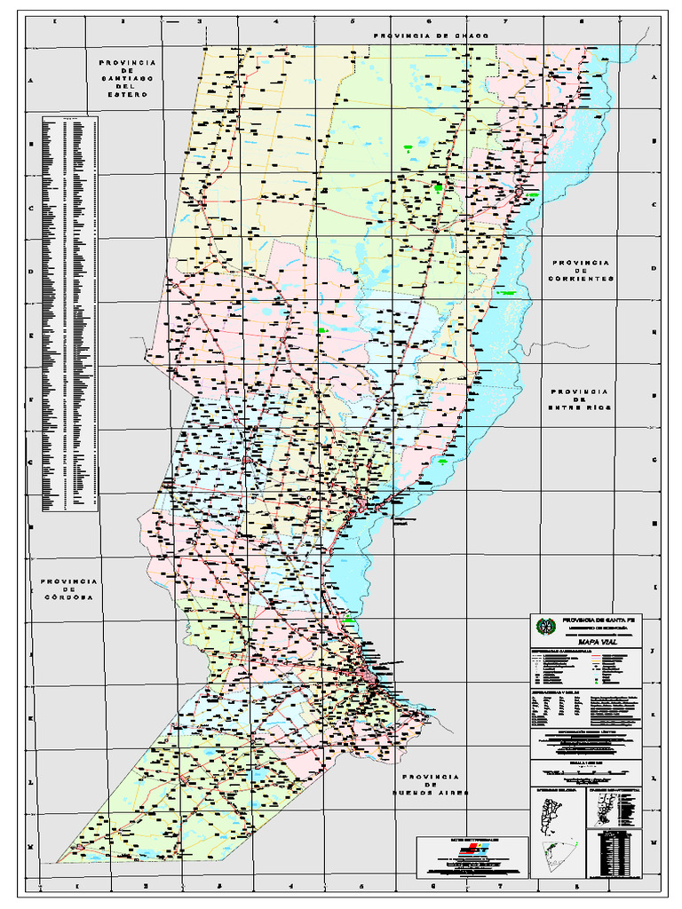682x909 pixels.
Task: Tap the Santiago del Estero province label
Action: [128, 78]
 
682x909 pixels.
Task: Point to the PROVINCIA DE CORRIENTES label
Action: [582, 271]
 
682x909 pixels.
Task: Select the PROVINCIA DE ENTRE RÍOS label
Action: [578, 399]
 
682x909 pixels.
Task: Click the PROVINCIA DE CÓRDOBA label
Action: [68, 589]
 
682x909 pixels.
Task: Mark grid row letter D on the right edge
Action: [654, 269]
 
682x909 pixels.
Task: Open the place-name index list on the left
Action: [70, 312]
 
